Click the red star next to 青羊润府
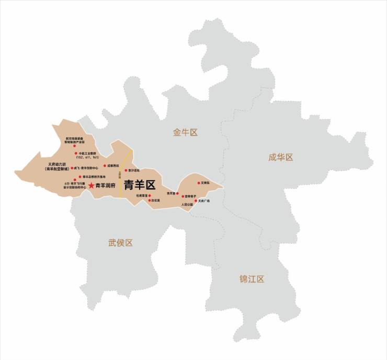pyautogui.click(x=91, y=185)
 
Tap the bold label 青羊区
pyautogui.click(x=140, y=185)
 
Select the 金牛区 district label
pyautogui.click(x=185, y=133)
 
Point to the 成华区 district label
pyautogui.click(x=280, y=157)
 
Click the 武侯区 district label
pyautogui.click(x=121, y=242)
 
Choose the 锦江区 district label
pyautogui.click(x=252, y=278)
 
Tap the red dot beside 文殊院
pyautogui.click(x=199, y=183)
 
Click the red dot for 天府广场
pyautogui.click(x=196, y=201)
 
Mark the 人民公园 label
pyautogui.click(x=187, y=205)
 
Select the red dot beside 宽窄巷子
pyautogui.click(x=183, y=196)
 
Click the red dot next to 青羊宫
pyautogui.click(x=177, y=193)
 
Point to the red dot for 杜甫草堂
pyautogui.click(x=149, y=195)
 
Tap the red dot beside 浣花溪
pyautogui.click(x=150, y=200)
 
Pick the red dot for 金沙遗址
pyautogui.click(x=126, y=170)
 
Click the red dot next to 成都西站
pyautogui.click(x=105, y=166)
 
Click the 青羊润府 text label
pyautogui.click(x=105, y=185)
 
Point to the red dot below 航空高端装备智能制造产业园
pyautogui.click(x=74, y=146)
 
